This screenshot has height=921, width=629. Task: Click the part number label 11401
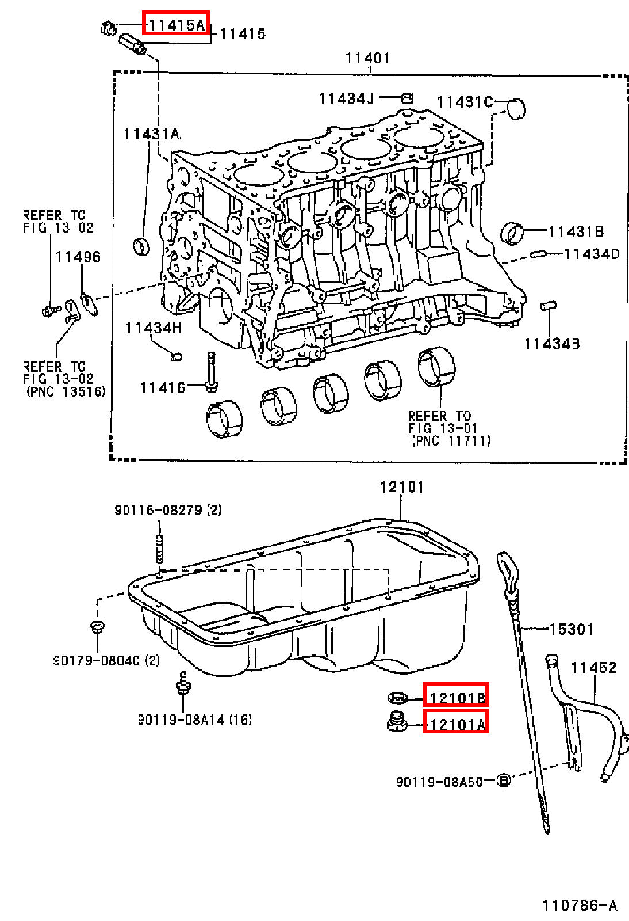367,58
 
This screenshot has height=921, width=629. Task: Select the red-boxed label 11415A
176,25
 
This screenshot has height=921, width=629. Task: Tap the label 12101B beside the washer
456,697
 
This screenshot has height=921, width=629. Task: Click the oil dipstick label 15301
572,629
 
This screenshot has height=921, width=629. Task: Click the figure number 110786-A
580,905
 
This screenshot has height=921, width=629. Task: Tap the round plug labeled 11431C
516,109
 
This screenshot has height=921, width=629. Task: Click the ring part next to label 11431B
512,233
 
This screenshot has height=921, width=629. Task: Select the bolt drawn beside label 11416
211,372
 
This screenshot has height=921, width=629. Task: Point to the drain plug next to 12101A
397,723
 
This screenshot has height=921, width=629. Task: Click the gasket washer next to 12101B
397,697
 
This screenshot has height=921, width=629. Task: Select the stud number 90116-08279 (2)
168,510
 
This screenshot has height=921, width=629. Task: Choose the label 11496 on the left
78,257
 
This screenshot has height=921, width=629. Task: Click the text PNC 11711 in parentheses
451,441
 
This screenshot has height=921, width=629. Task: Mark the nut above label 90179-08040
97,627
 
